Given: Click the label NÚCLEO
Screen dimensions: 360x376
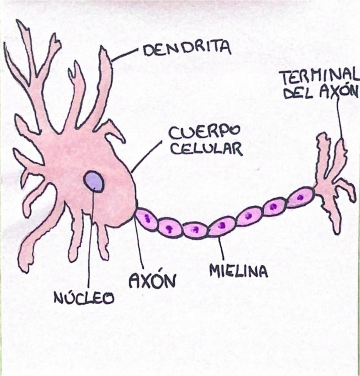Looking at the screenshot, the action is pos(84,298).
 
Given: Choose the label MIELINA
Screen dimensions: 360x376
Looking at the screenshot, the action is pos(238,270).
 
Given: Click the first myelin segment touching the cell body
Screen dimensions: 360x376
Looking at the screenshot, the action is pos(146,219).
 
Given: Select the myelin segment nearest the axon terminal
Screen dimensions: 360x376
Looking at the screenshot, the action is pos(301,197).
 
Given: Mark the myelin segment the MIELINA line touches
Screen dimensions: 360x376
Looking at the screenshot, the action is pos(221,226).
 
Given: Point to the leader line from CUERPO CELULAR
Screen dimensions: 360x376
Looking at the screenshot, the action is pos(146,157).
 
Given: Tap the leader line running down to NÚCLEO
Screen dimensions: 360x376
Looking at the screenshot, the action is pos(90,239).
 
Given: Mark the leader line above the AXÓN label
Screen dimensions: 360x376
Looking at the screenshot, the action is pos(138,244).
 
